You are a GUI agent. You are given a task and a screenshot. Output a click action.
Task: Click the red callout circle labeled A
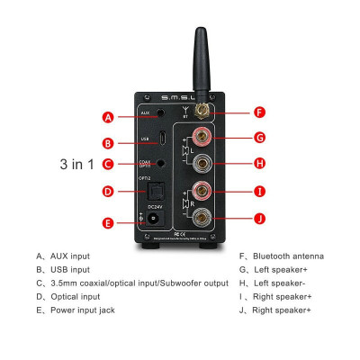point(107,117)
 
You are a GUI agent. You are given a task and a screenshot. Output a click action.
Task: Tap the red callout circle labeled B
point(107,142)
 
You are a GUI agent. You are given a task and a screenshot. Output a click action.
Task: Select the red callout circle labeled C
point(107,164)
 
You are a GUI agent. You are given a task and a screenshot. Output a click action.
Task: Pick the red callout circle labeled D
point(107,191)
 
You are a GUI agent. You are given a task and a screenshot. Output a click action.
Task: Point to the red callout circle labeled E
point(107,222)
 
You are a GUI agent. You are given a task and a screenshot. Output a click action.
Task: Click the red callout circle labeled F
point(259,113)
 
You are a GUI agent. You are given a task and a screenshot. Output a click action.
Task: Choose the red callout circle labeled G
point(259,138)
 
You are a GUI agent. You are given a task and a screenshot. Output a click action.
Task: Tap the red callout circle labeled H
point(259,163)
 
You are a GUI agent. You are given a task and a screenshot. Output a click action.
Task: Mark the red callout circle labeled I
point(259,191)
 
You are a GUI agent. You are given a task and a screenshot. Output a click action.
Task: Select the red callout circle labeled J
point(259,216)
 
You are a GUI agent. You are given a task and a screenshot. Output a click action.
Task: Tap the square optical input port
point(157,191)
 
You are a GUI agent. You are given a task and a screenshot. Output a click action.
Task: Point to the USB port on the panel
point(161,140)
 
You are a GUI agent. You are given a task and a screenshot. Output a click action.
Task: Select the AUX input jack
point(160,115)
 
